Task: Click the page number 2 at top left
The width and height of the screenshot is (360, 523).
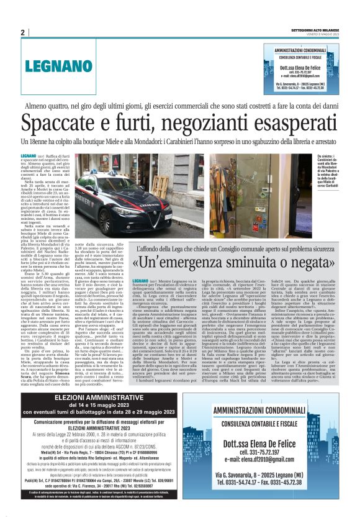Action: (x=22, y=32)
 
